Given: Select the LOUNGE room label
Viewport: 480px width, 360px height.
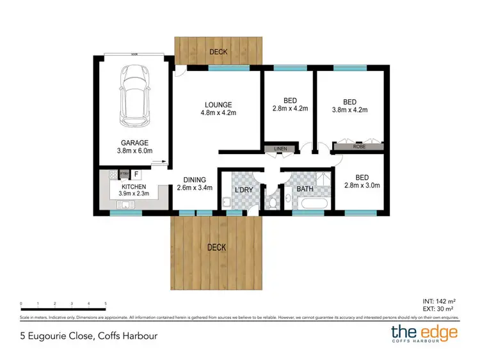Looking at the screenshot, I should point(218,105).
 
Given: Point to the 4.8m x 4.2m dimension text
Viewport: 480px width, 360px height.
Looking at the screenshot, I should point(218,114).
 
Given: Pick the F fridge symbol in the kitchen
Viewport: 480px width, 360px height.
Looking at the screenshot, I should point(136,173).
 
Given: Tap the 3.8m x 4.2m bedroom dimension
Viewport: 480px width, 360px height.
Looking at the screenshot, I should point(349,110).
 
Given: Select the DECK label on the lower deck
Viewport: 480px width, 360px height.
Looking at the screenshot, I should point(216,247).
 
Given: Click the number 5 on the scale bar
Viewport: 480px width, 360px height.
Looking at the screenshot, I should point(105,304).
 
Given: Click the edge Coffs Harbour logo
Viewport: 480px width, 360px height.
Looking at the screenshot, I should point(425,334).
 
